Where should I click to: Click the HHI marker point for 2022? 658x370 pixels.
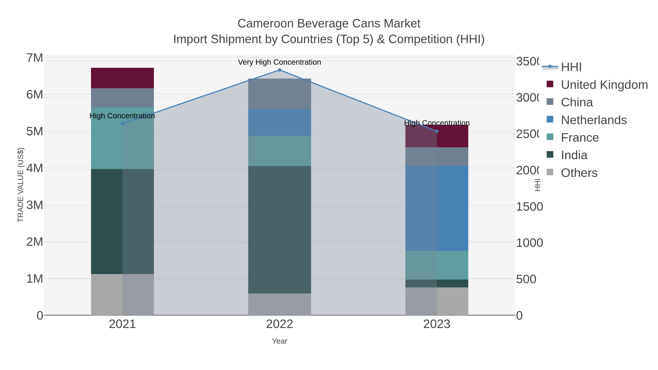coord(279,70)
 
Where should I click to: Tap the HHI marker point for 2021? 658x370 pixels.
coord(122,124)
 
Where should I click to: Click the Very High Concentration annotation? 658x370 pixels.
coord(279,62)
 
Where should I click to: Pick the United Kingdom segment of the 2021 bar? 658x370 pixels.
coord(122,78)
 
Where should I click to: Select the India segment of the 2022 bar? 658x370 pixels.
coord(279,230)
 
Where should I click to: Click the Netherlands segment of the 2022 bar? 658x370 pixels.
coord(279,123)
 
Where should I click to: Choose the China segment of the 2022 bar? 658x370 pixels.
coord(279,94)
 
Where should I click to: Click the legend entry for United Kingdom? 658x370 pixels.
coord(604,85)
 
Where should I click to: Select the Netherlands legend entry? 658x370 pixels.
coord(594,120)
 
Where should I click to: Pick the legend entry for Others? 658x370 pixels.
coord(579,173)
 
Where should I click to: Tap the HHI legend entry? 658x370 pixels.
coord(571,67)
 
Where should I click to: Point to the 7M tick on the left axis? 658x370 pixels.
coord(35,58)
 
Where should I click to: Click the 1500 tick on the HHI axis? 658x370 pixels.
coord(529,207)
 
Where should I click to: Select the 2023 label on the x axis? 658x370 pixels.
coord(437,324)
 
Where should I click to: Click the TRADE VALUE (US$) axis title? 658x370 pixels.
coord(20,185)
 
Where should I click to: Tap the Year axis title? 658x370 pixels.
coord(279,341)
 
